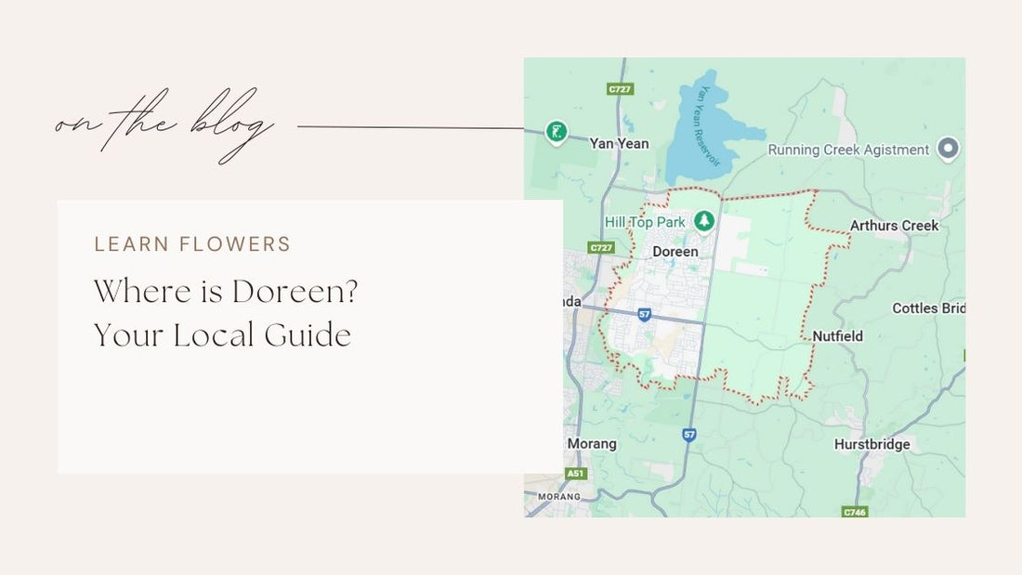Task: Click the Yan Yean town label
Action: pos(620,143)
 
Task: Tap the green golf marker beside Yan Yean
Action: pos(556,133)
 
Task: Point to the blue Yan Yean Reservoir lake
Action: pos(702,130)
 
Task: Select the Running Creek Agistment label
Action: pos(848,150)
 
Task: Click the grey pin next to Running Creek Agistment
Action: pos(948,149)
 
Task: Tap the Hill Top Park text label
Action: pos(645,222)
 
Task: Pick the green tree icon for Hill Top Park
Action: pos(704,221)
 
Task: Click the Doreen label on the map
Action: pos(675,252)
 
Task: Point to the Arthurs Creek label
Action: pos(894,225)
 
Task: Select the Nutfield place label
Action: pos(837,335)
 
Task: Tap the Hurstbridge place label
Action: pos(871,444)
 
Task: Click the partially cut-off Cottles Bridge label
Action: pos(928,308)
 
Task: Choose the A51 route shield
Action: pos(576,474)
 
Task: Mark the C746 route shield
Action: pos(854,512)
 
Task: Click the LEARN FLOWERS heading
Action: pos(192,244)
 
